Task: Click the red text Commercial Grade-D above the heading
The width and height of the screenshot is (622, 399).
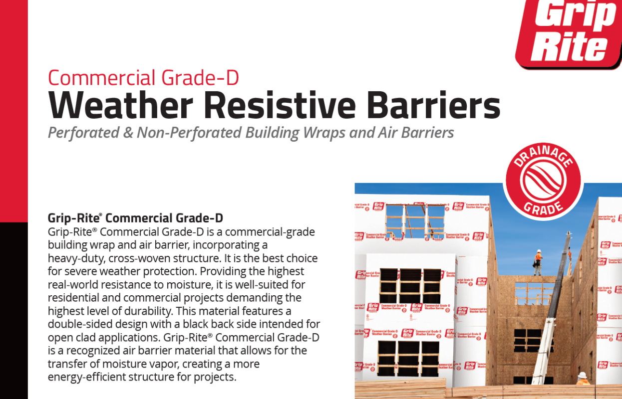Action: (x=143, y=78)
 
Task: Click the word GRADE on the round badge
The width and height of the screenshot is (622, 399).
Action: (x=543, y=206)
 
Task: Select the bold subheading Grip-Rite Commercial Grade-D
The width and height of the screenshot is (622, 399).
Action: (x=135, y=218)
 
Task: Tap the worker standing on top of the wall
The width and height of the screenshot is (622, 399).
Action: (x=538, y=262)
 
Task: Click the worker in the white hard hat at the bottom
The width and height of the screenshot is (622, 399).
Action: (x=583, y=379)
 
